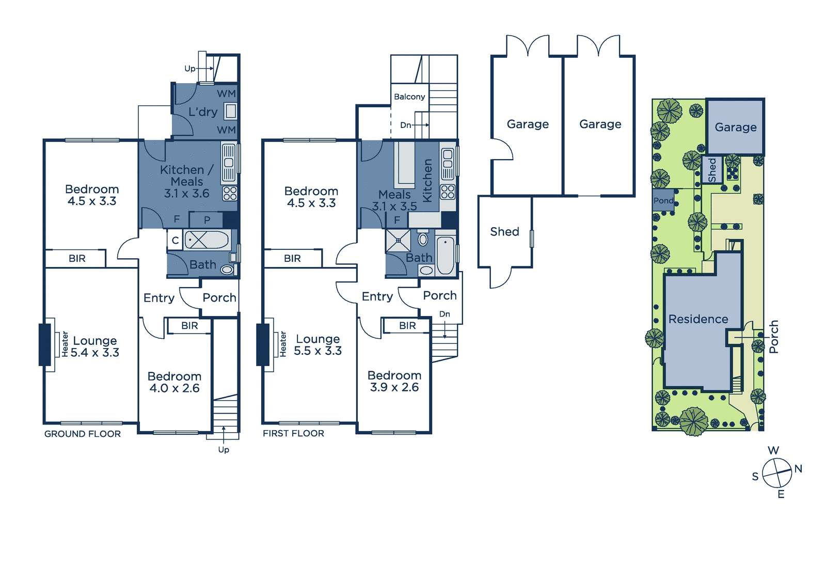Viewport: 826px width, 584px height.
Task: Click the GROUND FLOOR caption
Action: coord(83,434)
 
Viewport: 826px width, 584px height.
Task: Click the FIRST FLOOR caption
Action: coord(294,433)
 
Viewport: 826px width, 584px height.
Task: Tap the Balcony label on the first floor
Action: coord(409,97)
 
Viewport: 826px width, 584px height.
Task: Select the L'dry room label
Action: coord(203,112)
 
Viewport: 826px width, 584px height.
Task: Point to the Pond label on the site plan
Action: coord(663,201)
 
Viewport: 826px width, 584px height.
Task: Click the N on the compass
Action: coord(798,469)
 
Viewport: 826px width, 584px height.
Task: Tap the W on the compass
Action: coord(774,450)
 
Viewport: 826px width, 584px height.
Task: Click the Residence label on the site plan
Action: coord(698,319)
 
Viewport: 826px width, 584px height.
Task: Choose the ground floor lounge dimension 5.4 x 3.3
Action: coord(95,353)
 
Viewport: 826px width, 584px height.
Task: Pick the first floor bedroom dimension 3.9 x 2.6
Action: coord(394,387)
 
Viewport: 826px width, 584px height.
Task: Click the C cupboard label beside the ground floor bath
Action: coord(176,241)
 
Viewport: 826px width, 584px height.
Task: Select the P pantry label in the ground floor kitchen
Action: coord(207,220)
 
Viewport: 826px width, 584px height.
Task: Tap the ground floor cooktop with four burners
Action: coord(230,194)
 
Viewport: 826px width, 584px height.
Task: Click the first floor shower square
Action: coord(398,241)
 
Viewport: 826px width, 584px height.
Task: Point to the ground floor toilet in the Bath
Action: coord(228,270)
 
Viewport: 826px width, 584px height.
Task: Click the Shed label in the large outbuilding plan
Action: coord(504,232)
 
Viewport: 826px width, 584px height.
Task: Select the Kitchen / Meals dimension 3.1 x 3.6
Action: coord(186,193)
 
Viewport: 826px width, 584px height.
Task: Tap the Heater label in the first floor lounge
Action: coord(283,344)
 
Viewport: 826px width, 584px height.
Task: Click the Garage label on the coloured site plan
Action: coord(736,127)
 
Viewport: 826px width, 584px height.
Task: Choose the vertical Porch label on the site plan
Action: coord(774,337)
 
